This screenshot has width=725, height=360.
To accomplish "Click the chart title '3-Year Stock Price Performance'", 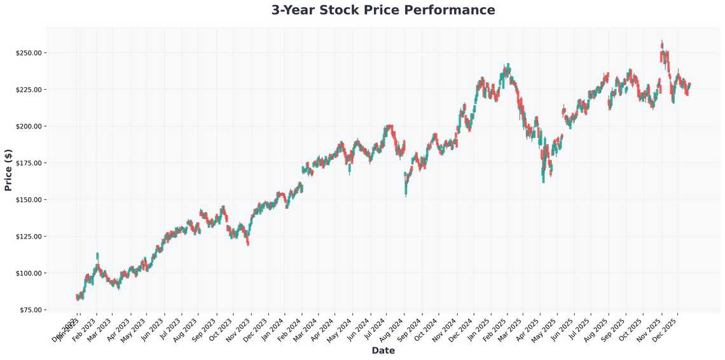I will point(383,10).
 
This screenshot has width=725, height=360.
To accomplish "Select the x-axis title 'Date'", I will point(383,350).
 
